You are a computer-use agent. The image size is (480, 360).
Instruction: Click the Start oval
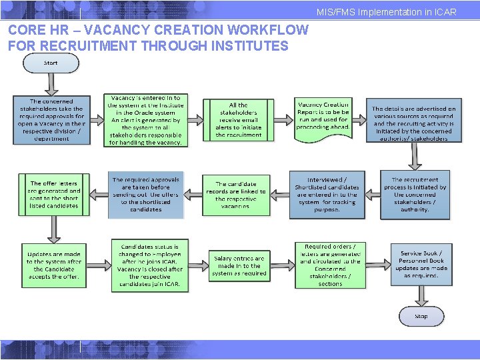51,63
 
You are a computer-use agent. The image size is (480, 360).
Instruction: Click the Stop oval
421,316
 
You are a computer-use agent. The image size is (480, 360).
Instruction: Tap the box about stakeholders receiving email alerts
238,120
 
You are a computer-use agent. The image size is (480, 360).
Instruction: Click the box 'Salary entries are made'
238,265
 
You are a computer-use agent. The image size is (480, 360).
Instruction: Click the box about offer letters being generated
53,194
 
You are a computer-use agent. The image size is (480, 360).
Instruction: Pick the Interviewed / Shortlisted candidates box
327,195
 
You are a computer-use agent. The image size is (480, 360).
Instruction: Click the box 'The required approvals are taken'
145,195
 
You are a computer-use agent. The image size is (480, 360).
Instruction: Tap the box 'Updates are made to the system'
54,265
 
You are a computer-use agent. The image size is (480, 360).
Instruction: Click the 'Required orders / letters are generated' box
330,265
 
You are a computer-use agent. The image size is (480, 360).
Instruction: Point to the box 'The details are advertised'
414,120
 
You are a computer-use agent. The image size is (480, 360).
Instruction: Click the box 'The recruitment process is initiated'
415,194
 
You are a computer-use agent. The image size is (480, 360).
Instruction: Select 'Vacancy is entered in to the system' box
145,120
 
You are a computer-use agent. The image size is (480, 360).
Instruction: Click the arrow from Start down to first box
51,84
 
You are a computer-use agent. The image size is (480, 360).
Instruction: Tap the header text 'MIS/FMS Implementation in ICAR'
387,12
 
